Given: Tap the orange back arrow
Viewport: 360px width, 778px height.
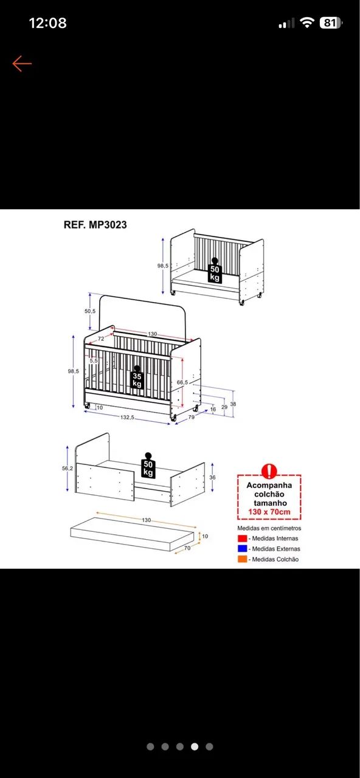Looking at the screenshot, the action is point(22,64).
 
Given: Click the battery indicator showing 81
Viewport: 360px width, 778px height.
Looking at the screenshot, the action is point(330,23).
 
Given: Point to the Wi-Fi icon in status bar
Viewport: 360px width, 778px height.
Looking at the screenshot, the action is point(307,23).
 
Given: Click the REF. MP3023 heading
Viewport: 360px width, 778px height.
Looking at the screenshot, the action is point(95,225).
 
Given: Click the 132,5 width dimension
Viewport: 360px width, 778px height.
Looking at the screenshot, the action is point(127,417).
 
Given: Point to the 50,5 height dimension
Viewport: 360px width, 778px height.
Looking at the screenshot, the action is point(90,311).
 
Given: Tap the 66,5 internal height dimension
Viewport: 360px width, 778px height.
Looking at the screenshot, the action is point(182,382).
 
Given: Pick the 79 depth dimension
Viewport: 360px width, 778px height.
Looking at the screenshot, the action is point(192,417).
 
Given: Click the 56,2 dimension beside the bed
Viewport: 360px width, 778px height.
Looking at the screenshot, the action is point(67,468).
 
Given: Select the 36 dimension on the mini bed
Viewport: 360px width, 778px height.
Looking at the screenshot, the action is point(212,478).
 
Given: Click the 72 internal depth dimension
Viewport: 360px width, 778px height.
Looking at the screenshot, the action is point(101,339).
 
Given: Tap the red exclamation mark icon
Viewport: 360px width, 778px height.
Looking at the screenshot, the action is point(269,471).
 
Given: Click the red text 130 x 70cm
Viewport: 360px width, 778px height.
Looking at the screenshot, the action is point(269,512).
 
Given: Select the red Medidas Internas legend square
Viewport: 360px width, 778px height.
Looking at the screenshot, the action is point(242,539).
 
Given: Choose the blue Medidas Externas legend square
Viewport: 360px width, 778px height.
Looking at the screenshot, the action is point(242,549).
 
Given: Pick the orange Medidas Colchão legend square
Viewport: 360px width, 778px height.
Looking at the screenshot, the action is point(242,559).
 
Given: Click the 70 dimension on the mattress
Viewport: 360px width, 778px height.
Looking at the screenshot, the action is point(187,548).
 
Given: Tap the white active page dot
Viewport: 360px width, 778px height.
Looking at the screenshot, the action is point(195,746).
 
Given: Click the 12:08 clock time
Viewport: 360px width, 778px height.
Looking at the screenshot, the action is point(47,23).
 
